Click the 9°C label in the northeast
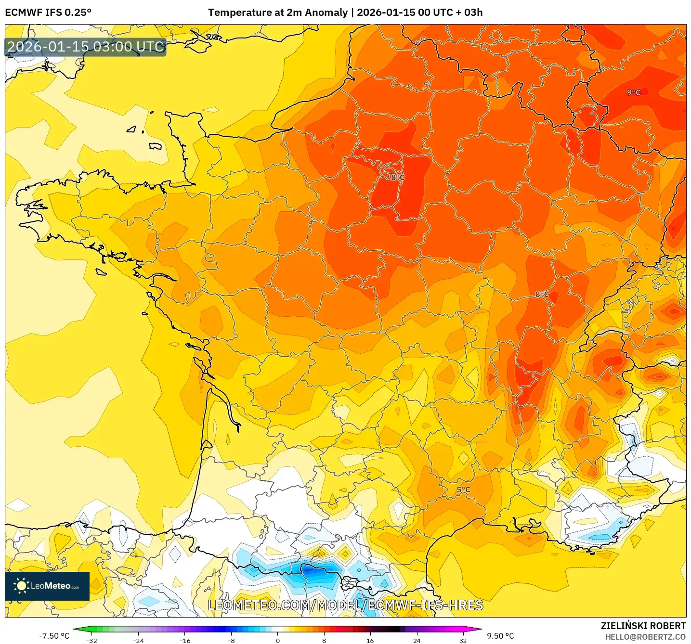click(634, 92)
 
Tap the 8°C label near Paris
click(398, 177)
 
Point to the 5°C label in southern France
click(463, 490)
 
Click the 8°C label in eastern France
click(542, 294)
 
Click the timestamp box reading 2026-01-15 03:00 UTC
click(86, 47)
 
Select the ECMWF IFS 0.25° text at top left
click(48, 13)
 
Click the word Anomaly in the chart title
click(326, 13)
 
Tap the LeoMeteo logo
click(47, 586)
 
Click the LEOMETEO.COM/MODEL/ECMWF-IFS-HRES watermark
click(345, 605)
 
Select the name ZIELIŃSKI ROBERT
click(643, 626)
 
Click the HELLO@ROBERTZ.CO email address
click(645, 637)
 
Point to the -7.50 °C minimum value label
click(54, 636)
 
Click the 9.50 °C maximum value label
click(500, 636)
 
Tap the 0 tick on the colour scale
click(278, 641)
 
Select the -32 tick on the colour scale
click(91, 641)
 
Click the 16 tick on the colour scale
click(370, 641)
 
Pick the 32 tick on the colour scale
click(463, 641)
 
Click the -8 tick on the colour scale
click(231, 641)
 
